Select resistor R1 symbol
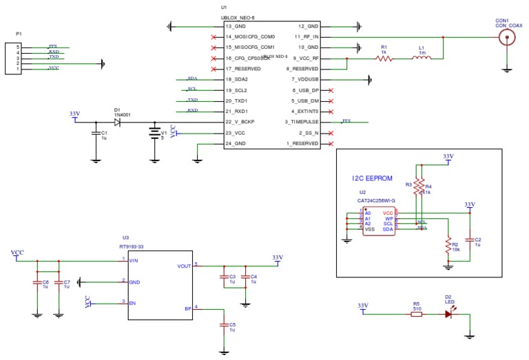pos(384,59)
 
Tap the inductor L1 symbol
pos(422,59)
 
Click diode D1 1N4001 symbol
pos(117,122)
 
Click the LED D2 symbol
pos(448,314)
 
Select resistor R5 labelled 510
pos(417,314)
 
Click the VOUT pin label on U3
pos(184,265)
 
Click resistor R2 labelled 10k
pos(447,244)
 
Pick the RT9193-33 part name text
pos(133,244)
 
